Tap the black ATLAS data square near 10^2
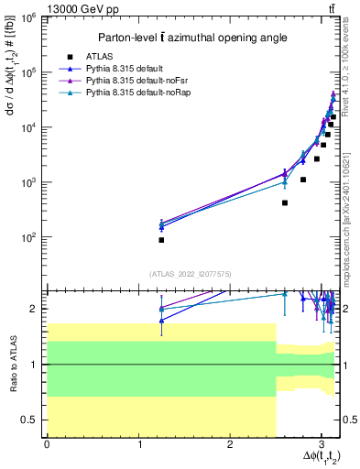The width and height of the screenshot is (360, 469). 161,240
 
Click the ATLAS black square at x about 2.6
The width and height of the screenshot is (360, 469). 285,202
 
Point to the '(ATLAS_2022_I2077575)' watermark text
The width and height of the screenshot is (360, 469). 191,273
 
